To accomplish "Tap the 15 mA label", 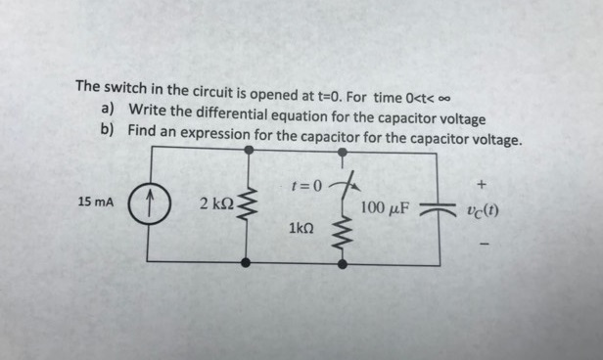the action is [x=95, y=202].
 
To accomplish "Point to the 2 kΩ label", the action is [x=214, y=203].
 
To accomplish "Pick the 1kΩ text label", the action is [x=301, y=227].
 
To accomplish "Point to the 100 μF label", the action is [x=386, y=207].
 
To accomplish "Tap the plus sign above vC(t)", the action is [x=482, y=183].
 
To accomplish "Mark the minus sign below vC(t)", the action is [x=482, y=239].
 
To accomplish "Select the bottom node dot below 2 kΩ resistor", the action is [x=248, y=262].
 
